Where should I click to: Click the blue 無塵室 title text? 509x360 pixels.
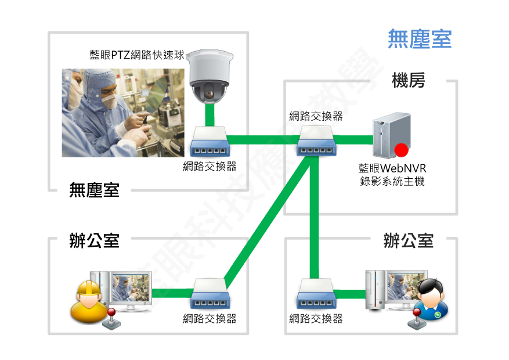[419, 39]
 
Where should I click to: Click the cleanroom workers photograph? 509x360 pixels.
[123, 113]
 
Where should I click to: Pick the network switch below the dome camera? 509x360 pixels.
[210, 140]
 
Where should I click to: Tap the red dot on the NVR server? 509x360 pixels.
[400, 152]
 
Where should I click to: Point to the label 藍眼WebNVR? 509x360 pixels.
[392, 168]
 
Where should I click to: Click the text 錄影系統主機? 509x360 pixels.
[392, 181]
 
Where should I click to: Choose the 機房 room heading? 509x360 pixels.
[408, 81]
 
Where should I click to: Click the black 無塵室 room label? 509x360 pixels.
[94, 190]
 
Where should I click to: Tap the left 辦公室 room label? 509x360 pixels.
[94, 241]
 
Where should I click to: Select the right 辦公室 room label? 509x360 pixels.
[408, 241]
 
